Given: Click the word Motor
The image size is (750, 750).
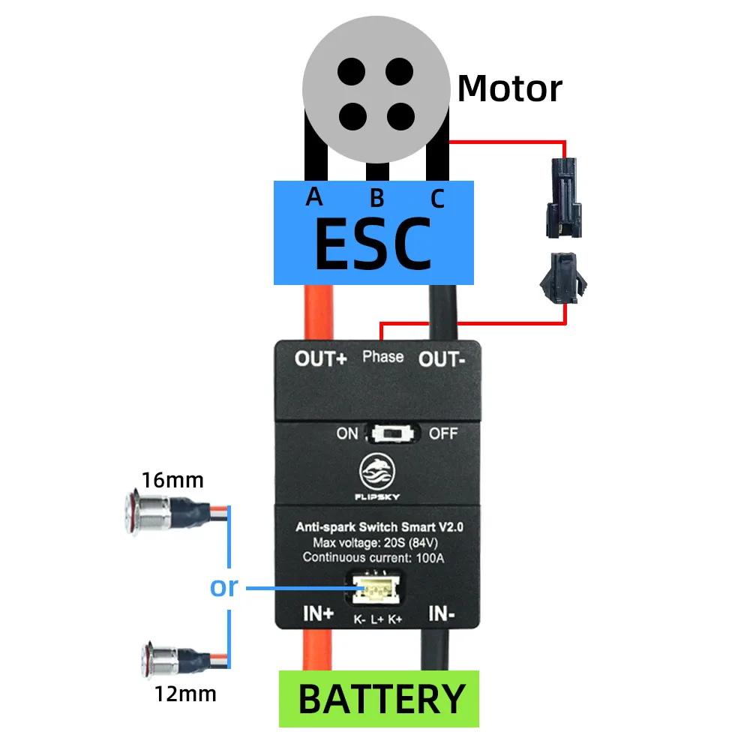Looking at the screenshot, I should pos(509,88).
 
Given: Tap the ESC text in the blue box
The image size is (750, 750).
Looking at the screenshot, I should pos(373,244).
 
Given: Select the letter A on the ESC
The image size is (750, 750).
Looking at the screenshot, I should pos(314,196).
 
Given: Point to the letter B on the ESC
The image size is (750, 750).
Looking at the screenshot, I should pos(376,198).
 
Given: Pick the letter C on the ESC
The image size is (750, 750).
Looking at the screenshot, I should pos(437,199).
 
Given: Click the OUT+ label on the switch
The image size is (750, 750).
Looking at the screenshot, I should pos(320,358).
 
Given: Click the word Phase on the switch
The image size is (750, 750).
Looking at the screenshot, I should pos(382,356).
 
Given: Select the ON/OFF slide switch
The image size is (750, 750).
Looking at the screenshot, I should pos(388,433).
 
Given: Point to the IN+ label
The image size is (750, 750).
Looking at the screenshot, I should pos(319,614).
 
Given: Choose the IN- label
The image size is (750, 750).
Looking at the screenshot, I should pos(441,614).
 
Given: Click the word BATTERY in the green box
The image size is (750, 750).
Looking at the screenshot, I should pos(381,699).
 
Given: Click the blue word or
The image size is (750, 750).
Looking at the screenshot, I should pos(223,587).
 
